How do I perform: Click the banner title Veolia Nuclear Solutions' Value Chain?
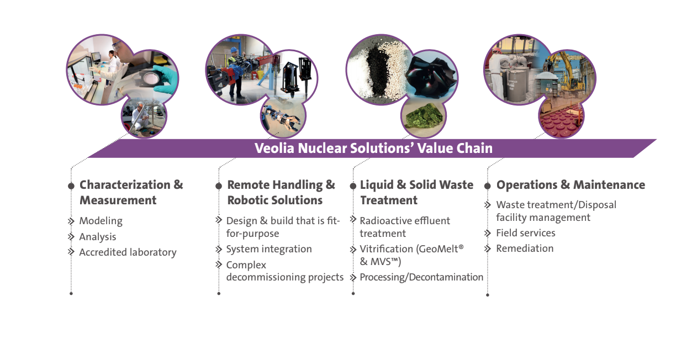coord(373,148)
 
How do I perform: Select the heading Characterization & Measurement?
coord(131,192)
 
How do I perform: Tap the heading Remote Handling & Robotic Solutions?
coord(281,192)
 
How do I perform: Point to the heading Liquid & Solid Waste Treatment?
coord(416,192)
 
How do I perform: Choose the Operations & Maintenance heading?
coord(571,185)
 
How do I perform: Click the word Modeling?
coord(101,221)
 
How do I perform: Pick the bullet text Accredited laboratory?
coord(128,252)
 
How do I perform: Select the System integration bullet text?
coord(269,249)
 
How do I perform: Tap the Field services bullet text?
coord(526,233)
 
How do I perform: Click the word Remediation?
coord(525,248)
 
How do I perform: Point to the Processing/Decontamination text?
coord(421,277)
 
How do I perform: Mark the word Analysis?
coord(98,237)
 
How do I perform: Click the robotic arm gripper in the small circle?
coord(282,119)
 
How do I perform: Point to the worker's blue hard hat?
coord(234,50)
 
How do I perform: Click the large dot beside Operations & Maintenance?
coord(488,187)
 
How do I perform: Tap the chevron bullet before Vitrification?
coord(353,250)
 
